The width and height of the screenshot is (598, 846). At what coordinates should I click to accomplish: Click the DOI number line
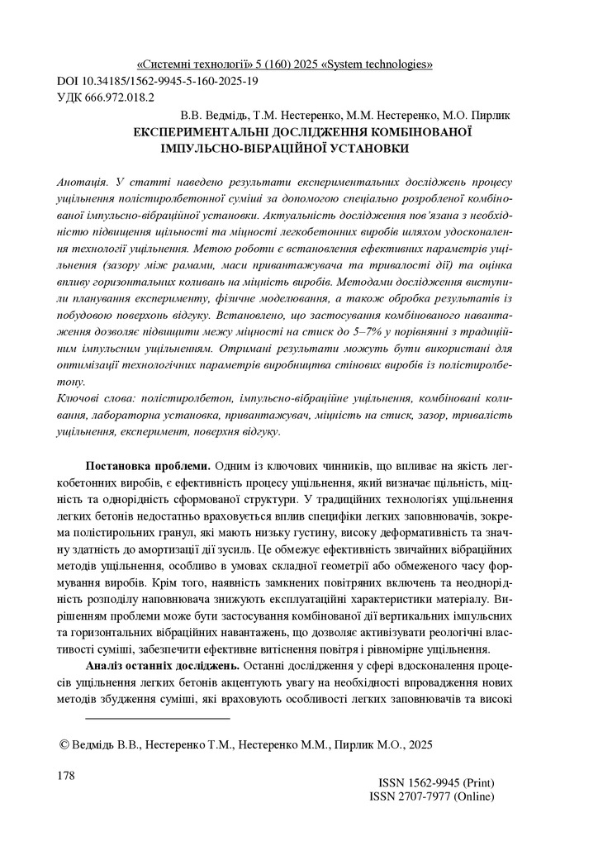tap(156, 81)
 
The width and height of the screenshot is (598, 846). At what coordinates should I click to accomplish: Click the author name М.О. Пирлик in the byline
tap(478, 116)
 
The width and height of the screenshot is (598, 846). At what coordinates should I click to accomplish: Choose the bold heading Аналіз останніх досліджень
tap(162, 666)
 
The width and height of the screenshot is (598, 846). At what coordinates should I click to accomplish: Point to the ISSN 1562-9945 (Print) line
tap(437, 782)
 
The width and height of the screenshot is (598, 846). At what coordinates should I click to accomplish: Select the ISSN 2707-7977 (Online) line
tap(432, 796)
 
